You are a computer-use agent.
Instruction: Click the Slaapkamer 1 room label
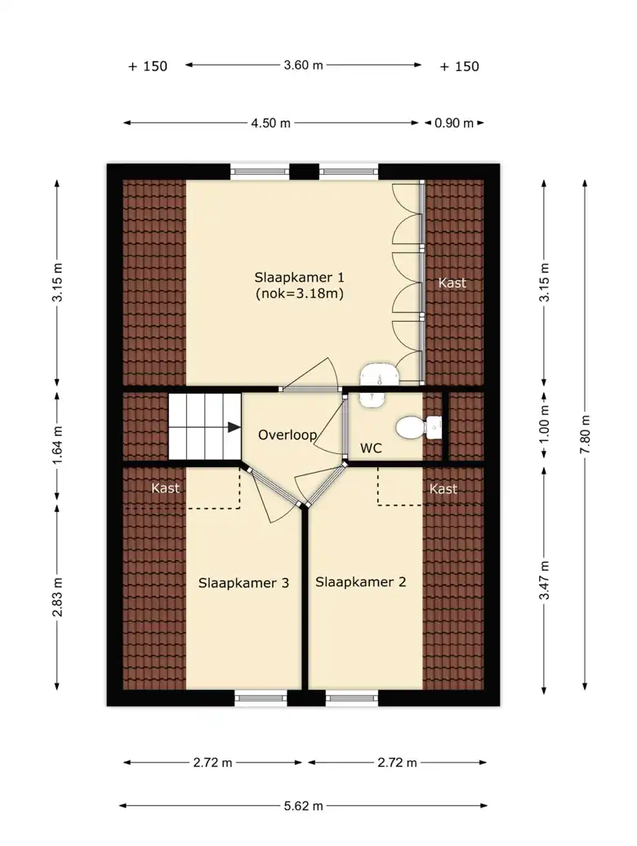[x=299, y=278]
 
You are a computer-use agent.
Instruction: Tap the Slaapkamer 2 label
[x=360, y=581]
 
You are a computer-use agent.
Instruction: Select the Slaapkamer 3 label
[x=243, y=583]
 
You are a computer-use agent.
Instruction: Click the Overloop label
[x=287, y=435]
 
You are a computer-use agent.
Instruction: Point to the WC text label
[x=371, y=447]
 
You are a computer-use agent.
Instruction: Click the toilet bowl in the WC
[x=411, y=428]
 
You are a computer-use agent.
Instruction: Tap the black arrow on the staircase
[x=234, y=427]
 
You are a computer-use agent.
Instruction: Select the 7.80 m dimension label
[x=586, y=434]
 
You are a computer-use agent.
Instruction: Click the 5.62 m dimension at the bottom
[x=303, y=806]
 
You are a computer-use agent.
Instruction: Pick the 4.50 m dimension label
[x=270, y=123]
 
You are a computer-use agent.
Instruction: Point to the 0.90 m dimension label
[x=453, y=123]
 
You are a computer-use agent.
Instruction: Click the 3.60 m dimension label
[x=303, y=65]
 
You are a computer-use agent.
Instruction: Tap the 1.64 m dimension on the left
[x=58, y=444]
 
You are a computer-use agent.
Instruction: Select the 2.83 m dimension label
[x=58, y=597]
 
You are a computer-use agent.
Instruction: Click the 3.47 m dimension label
[x=545, y=580]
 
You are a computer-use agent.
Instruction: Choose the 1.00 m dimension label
[x=545, y=424]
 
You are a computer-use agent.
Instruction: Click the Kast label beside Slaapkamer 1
[x=452, y=283]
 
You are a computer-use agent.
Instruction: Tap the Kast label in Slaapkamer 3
[x=165, y=488]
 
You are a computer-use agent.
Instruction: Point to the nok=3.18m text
[x=300, y=293]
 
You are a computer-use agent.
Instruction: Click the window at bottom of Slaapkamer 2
[x=352, y=698]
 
